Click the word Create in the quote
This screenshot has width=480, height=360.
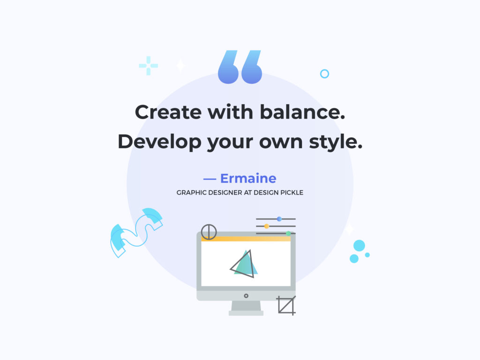tap(168, 112)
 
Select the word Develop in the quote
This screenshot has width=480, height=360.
tap(159, 142)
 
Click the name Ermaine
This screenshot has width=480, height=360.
tap(248, 179)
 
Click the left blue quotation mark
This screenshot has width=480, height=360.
tap(228, 67)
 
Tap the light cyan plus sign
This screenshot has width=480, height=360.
tap(149, 66)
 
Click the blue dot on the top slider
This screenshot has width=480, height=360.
tap(279, 219)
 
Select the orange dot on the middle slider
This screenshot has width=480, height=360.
tap(267, 226)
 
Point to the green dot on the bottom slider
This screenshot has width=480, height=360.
tap(288, 233)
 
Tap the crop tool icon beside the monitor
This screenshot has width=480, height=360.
tap(286, 305)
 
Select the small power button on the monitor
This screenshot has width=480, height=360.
tap(246, 296)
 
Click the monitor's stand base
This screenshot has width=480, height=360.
tap(246, 313)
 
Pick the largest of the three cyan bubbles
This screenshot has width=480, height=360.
tap(359, 246)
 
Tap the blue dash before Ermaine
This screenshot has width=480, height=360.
tap(210, 179)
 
